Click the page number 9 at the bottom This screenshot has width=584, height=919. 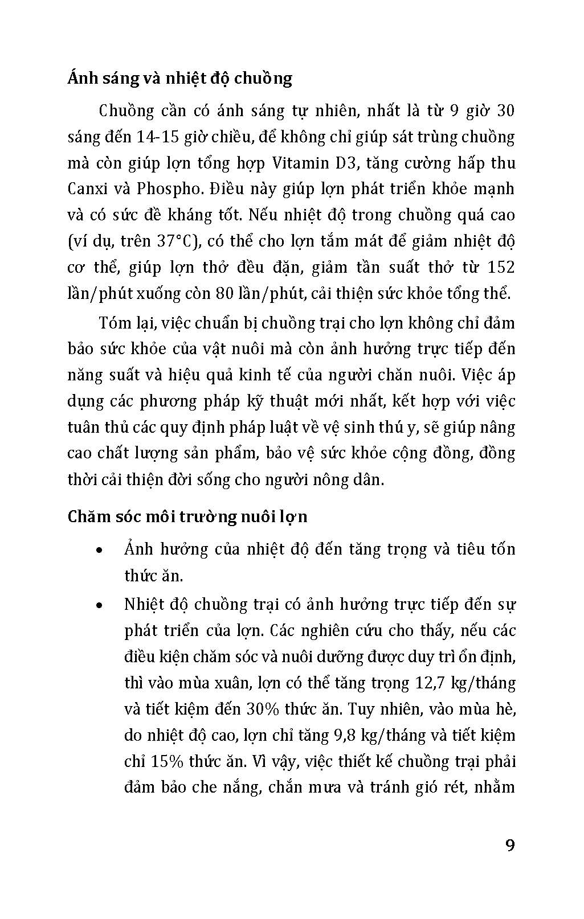click(x=510, y=845)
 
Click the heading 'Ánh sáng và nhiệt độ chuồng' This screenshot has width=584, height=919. click(x=179, y=78)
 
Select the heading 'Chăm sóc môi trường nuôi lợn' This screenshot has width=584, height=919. click(x=187, y=516)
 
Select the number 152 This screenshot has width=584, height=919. click(x=501, y=267)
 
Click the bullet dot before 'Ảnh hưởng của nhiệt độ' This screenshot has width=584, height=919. click(x=100, y=551)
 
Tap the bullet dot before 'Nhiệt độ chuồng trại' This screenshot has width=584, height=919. click(x=100, y=605)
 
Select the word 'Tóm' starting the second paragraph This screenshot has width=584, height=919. click(x=113, y=323)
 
